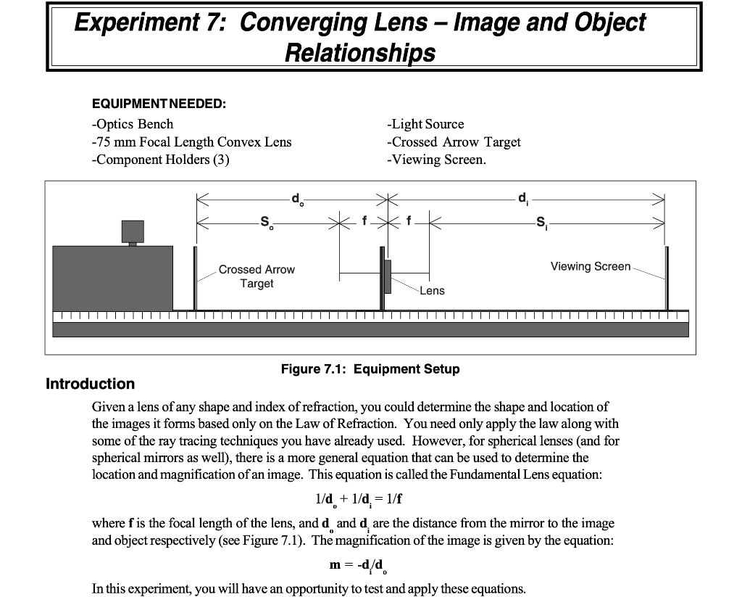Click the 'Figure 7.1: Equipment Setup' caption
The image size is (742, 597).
(370, 369)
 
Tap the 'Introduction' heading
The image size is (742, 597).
(90, 384)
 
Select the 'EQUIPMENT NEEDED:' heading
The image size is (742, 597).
(159, 104)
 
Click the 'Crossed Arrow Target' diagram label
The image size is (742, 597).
(257, 276)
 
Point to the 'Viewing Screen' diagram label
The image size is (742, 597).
(591, 266)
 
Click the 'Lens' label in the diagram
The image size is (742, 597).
(432, 290)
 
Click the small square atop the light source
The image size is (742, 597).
(133, 231)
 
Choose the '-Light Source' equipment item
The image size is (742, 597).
(425, 124)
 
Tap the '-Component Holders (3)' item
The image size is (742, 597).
(160, 160)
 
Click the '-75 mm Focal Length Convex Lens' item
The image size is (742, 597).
(191, 142)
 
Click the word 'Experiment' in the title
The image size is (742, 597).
(136, 23)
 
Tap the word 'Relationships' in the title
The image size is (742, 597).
(360, 52)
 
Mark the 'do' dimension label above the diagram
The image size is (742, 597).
(296, 197)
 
